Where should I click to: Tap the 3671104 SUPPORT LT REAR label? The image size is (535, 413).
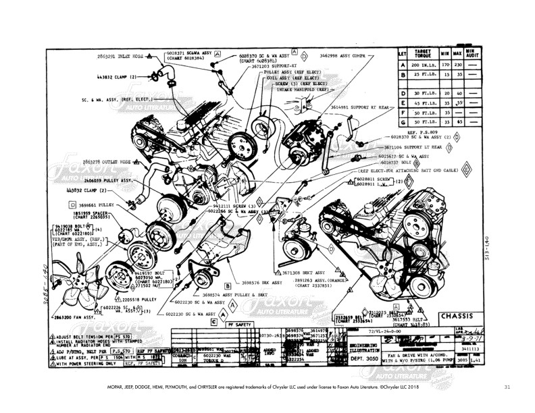413,146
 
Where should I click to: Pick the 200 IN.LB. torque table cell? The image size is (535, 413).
423,64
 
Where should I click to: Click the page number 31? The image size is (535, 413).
507,387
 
